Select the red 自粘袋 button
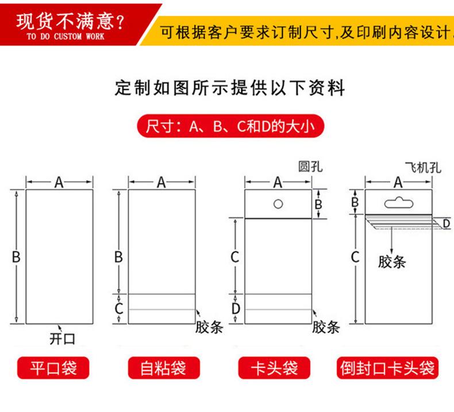[x=163, y=367]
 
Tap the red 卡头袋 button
[x=275, y=367]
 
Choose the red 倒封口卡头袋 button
[x=387, y=367]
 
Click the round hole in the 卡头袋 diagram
[x=278, y=203]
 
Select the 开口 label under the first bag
[x=62, y=338]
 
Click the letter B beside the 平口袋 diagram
[x=16, y=257]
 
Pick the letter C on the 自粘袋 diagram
[x=118, y=308]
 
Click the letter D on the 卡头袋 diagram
[x=235, y=309]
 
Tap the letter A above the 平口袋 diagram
[x=59, y=183]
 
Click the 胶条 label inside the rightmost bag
[x=392, y=261]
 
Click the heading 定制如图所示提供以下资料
[x=230, y=88]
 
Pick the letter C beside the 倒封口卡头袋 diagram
[x=355, y=257]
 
